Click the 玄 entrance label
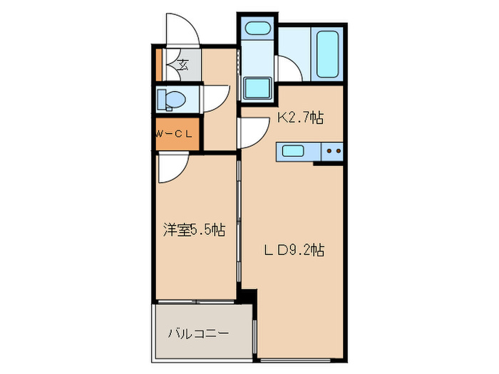click(x=182, y=66)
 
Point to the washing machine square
click(x=257, y=88)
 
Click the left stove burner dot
click(x=329, y=150)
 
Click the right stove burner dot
click(x=339, y=150)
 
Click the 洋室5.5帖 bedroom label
click(x=194, y=229)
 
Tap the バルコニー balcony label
click(x=199, y=333)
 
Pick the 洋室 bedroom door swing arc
click(x=173, y=170)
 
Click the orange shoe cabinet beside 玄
click(x=160, y=65)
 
